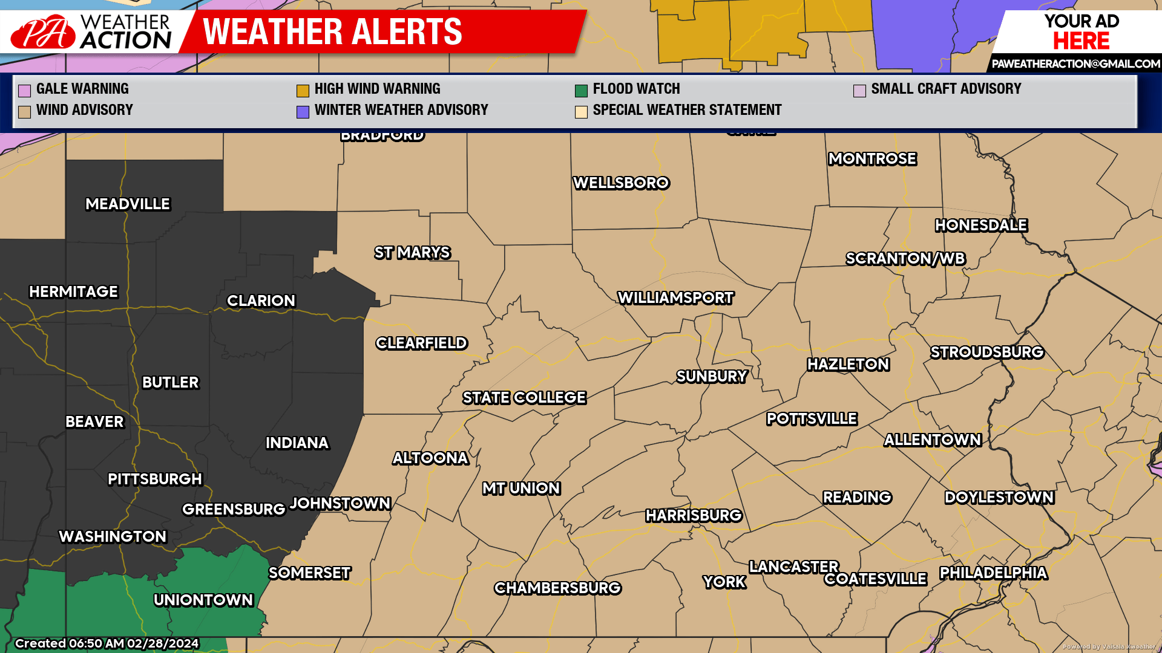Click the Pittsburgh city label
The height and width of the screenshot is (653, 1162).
pos(155,479)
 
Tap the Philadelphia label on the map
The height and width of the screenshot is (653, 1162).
pos(993,573)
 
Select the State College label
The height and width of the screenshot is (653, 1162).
pos(524,398)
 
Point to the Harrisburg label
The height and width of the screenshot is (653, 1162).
pos(694,516)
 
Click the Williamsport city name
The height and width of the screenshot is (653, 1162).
pos(675,298)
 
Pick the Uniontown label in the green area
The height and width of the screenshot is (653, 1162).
pos(203,600)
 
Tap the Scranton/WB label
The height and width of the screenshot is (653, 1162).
pos(905,259)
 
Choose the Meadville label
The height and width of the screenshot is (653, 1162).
pos(128,204)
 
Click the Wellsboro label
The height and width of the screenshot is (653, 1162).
pos(621,183)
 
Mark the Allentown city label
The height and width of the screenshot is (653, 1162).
pos(933,440)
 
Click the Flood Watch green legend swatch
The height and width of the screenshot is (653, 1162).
pos(581,91)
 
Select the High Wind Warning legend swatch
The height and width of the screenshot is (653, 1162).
pos(303,91)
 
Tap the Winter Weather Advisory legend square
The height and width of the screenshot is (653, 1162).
pos(303,112)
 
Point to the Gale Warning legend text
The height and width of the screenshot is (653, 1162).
pos(82,89)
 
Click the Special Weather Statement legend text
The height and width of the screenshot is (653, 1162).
pos(687,110)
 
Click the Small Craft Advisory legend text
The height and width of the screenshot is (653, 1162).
pos(946,89)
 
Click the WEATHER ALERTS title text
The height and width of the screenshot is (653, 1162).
pos(332,31)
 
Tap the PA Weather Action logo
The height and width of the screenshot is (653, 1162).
pos(91,31)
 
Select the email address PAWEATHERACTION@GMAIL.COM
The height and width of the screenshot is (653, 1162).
pos(1075,63)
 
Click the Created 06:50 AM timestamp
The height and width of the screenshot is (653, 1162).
pos(107,643)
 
